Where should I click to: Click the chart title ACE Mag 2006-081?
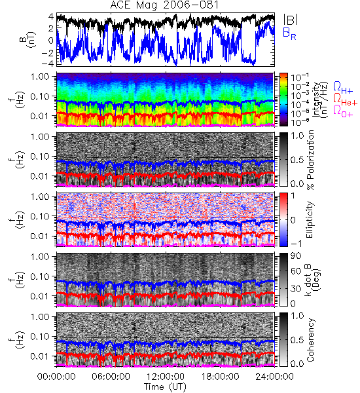(x=164, y=5)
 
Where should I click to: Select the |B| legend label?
(x=291, y=19)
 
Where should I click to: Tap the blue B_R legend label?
(x=289, y=33)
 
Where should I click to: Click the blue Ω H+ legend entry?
(x=343, y=88)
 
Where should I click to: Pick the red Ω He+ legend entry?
(x=345, y=100)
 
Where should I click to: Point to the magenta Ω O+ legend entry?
(x=343, y=111)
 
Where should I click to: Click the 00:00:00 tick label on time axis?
(x=56, y=377)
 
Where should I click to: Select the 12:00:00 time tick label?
(x=166, y=377)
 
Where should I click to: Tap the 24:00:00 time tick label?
(x=274, y=377)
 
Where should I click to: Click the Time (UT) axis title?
(x=165, y=386)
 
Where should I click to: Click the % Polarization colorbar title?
(x=310, y=160)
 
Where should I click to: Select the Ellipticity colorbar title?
(x=310, y=220)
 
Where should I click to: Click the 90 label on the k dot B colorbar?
(x=296, y=255)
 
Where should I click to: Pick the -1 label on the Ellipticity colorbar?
(x=296, y=244)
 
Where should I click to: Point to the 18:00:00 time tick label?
(x=220, y=377)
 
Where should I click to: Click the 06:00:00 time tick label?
(x=111, y=377)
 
